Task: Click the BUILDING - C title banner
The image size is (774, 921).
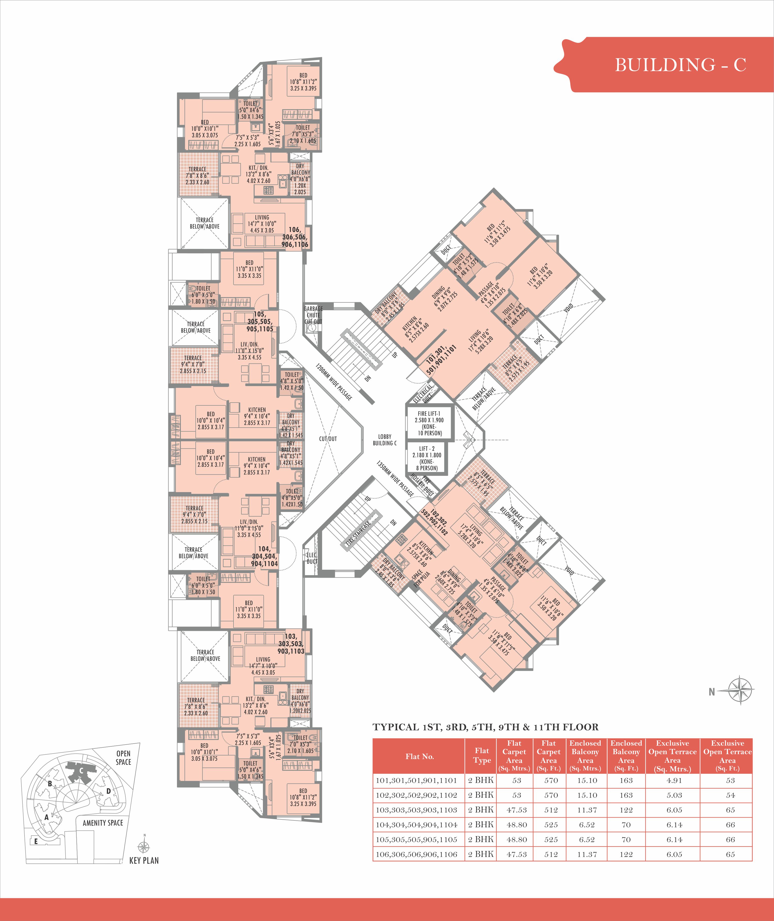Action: pos(667,64)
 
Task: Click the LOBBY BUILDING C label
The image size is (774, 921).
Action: pos(385,440)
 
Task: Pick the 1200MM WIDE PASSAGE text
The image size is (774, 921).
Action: pos(334,381)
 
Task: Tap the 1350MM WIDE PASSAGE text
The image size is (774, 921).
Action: pos(395,478)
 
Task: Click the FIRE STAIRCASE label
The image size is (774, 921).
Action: pos(358,533)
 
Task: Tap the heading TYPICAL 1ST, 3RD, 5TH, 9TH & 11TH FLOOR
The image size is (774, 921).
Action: pos(485,727)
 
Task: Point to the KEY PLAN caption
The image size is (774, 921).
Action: pos(144,860)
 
